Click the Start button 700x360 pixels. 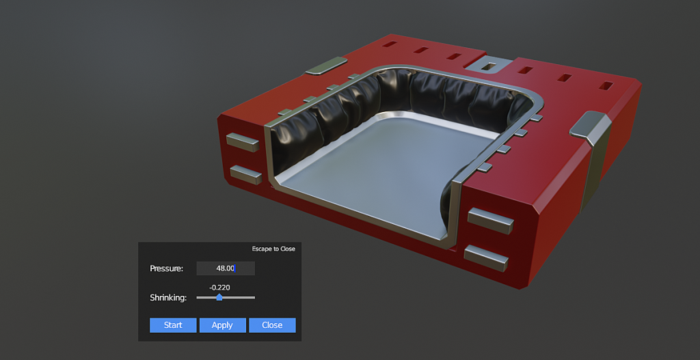point(173,325)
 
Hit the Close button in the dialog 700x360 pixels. point(272,325)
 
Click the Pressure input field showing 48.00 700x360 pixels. point(226,268)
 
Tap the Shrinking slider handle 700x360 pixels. point(219,297)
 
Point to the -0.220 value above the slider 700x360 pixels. point(219,288)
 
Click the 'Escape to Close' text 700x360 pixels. point(273,249)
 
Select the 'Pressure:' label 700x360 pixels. point(167,268)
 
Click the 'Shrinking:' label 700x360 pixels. point(168,298)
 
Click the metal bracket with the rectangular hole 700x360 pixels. point(489,66)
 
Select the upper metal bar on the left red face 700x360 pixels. point(243,142)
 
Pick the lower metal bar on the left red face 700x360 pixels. point(245,174)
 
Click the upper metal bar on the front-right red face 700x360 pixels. point(490,221)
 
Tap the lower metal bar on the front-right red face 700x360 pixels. point(486,257)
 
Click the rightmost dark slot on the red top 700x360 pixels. point(606,87)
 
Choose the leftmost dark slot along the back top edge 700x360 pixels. point(390,45)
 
